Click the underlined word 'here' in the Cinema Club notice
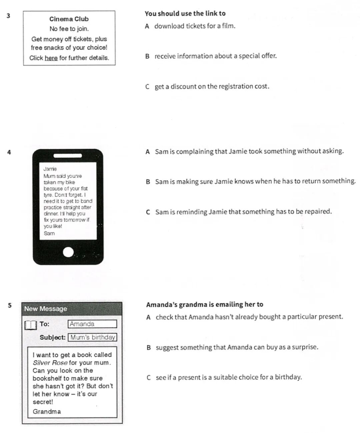51,58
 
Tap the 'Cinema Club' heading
69,19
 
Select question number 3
8,16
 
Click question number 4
9,152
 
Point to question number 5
9,305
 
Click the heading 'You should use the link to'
185,14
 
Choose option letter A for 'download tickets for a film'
147,26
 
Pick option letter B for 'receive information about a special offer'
147,56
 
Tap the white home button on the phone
68,252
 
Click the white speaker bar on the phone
68,156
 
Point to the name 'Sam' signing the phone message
49,233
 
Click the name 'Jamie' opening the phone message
50,169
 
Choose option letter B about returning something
148,182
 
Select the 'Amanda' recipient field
92,324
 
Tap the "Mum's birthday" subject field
92,337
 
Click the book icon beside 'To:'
30,325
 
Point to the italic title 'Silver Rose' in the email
50,363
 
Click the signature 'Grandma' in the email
47,412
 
